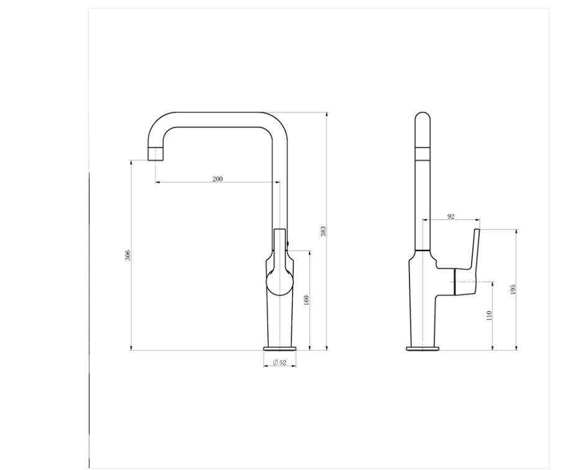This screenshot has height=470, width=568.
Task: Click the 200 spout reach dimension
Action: (218, 178)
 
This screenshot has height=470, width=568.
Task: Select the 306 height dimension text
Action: (127, 255)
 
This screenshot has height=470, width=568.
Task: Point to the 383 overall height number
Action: (323, 231)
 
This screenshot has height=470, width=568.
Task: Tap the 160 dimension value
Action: (306, 300)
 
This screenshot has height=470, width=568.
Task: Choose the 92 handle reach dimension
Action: (451, 216)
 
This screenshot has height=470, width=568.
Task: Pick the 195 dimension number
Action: (513, 290)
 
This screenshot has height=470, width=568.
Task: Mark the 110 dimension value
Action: (489, 315)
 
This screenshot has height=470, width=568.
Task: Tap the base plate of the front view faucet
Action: (280, 348)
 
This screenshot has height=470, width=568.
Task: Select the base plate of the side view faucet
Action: (423, 348)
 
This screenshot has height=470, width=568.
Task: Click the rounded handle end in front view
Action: (279, 283)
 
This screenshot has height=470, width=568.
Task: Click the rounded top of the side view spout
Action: (422, 118)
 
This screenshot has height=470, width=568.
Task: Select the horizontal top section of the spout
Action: (218, 120)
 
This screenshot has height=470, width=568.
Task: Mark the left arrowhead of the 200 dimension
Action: (157, 182)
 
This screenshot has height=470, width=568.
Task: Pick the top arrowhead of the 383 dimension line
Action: (327, 114)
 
